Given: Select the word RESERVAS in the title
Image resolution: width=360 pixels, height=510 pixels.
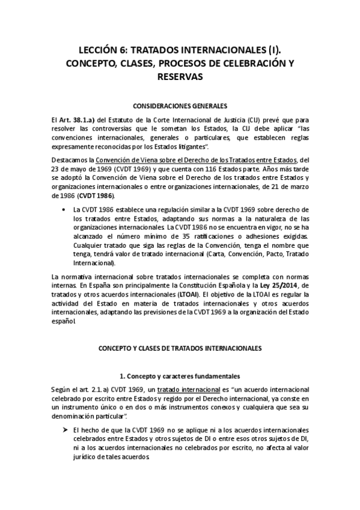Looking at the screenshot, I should point(180,77).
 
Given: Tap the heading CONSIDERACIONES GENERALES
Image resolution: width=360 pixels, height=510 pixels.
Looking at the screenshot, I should point(180,105).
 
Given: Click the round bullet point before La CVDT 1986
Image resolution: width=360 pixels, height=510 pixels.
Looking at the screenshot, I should point(63,209).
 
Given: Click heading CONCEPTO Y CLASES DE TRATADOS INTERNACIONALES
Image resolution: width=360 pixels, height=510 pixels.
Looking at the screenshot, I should point(180,348).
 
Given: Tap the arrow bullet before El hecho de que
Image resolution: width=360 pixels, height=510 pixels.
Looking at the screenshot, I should point(63,431).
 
